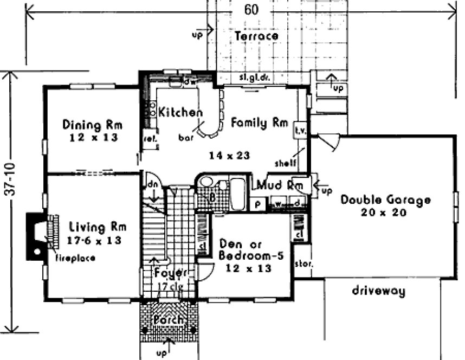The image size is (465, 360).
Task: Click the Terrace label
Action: click(257, 36)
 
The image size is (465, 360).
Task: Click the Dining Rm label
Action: click(92, 125)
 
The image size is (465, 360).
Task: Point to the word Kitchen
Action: click(180, 113)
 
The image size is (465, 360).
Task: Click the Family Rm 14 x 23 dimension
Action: click(230, 156)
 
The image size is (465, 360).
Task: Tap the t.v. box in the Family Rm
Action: click(300, 131)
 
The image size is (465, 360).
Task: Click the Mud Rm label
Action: click(279, 184)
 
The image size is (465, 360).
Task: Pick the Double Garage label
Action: click(385, 200)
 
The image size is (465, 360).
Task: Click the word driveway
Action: click(379, 291)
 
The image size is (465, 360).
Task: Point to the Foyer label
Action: click(170, 272)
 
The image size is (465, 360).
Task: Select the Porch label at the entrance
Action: click(169, 319)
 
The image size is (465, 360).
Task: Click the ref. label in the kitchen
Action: click(148, 138)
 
